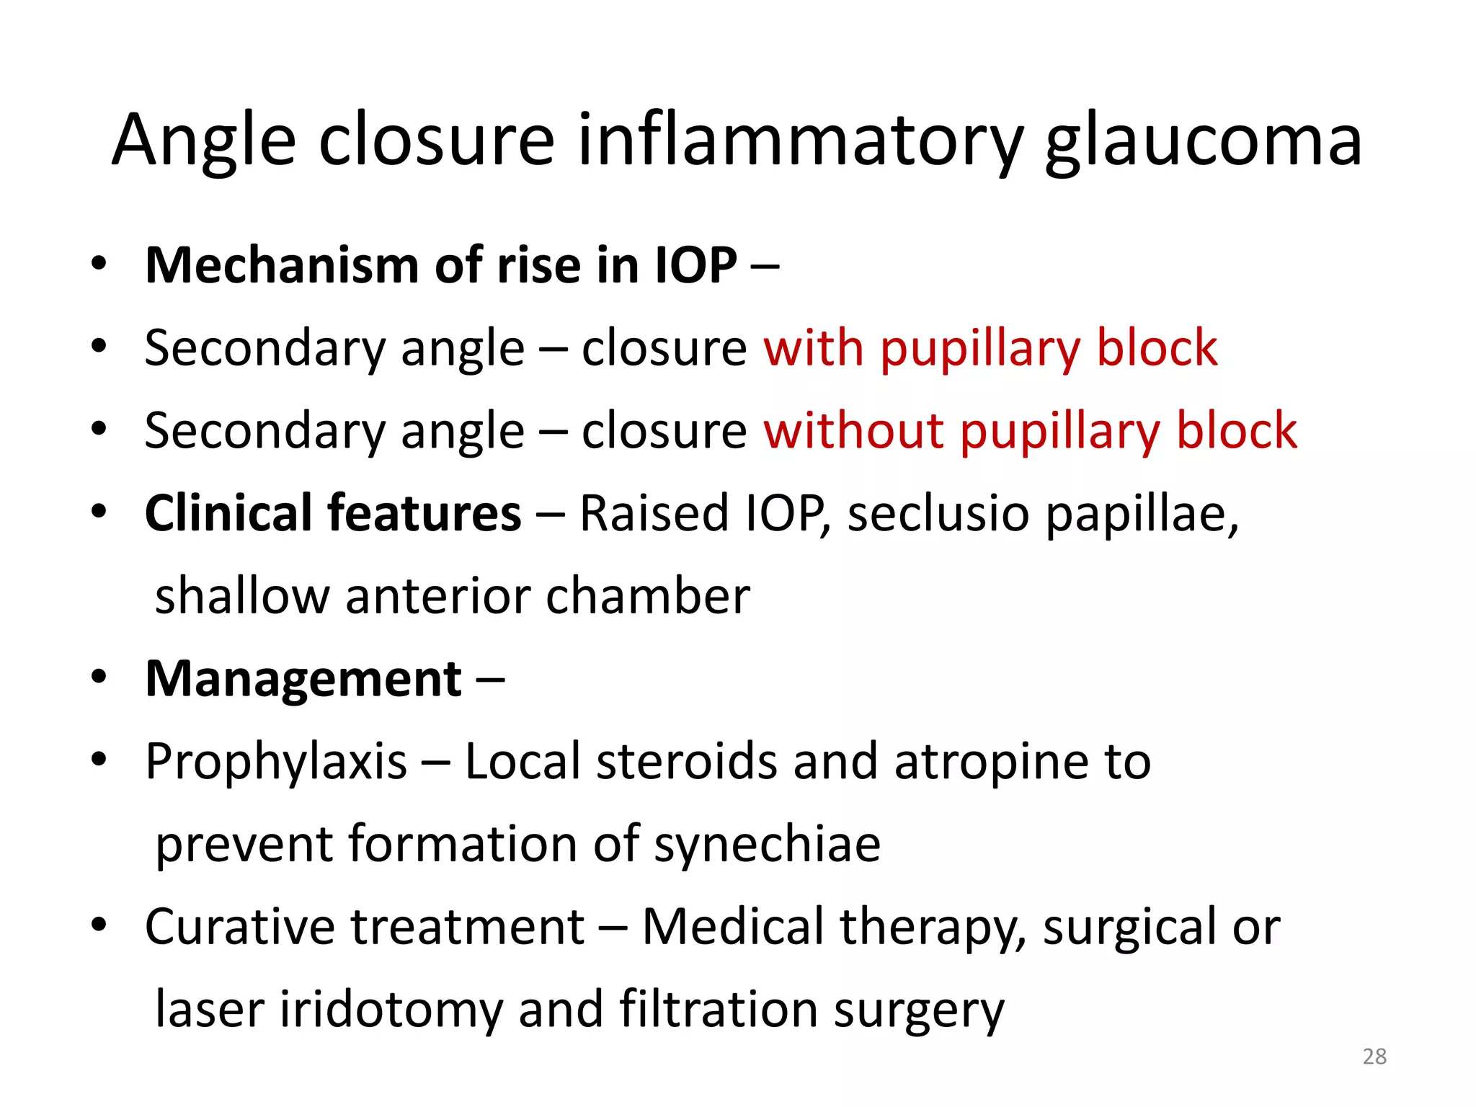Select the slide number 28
[1374, 1057]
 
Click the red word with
[813, 348]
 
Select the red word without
[853, 431]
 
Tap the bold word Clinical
[228, 513]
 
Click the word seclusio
[938, 513]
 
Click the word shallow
[242, 596]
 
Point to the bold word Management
[303, 679]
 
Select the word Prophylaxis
[276, 763]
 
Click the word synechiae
[767, 845]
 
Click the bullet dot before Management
[99, 677]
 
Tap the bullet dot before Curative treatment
[99, 925]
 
